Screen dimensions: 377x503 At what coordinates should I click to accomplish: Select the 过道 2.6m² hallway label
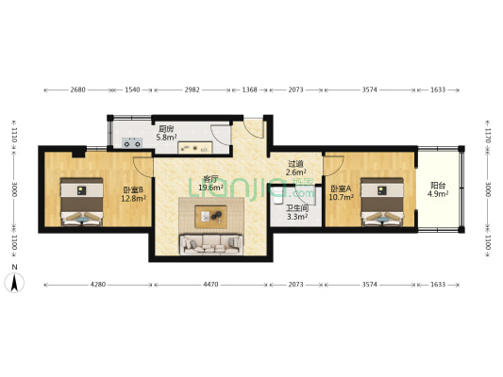pyautogui.click(x=296, y=168)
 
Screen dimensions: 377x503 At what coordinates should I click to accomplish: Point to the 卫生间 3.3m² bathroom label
pyautogui.click(x=296, y=212)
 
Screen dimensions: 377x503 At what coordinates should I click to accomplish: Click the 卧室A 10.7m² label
pyautogui.click(x=340, y=193)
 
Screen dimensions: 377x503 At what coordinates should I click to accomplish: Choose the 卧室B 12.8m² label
pyautogui.click(x=133, y=194)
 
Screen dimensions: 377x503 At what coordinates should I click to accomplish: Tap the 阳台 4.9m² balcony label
pyautogui.click(x=438, y=190)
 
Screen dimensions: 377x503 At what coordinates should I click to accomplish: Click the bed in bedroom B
pyautogui.click(x=81, y=203)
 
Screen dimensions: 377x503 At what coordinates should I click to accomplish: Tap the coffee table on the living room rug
pyautogui.click(x=213, y=216)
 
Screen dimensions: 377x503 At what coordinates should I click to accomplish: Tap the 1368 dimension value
pyautogui.click(x=252, y=90)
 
